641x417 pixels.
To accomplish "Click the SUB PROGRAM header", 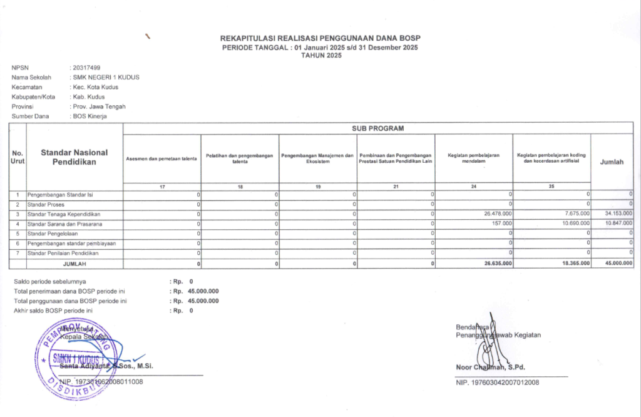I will point(378,128).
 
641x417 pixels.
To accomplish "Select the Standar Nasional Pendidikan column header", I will point(74,157).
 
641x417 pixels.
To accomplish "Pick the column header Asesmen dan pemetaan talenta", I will point(162,158).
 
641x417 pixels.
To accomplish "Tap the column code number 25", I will point(551,186).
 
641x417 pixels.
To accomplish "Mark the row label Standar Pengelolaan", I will point(57,233).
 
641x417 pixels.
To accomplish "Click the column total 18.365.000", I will point(575,263).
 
